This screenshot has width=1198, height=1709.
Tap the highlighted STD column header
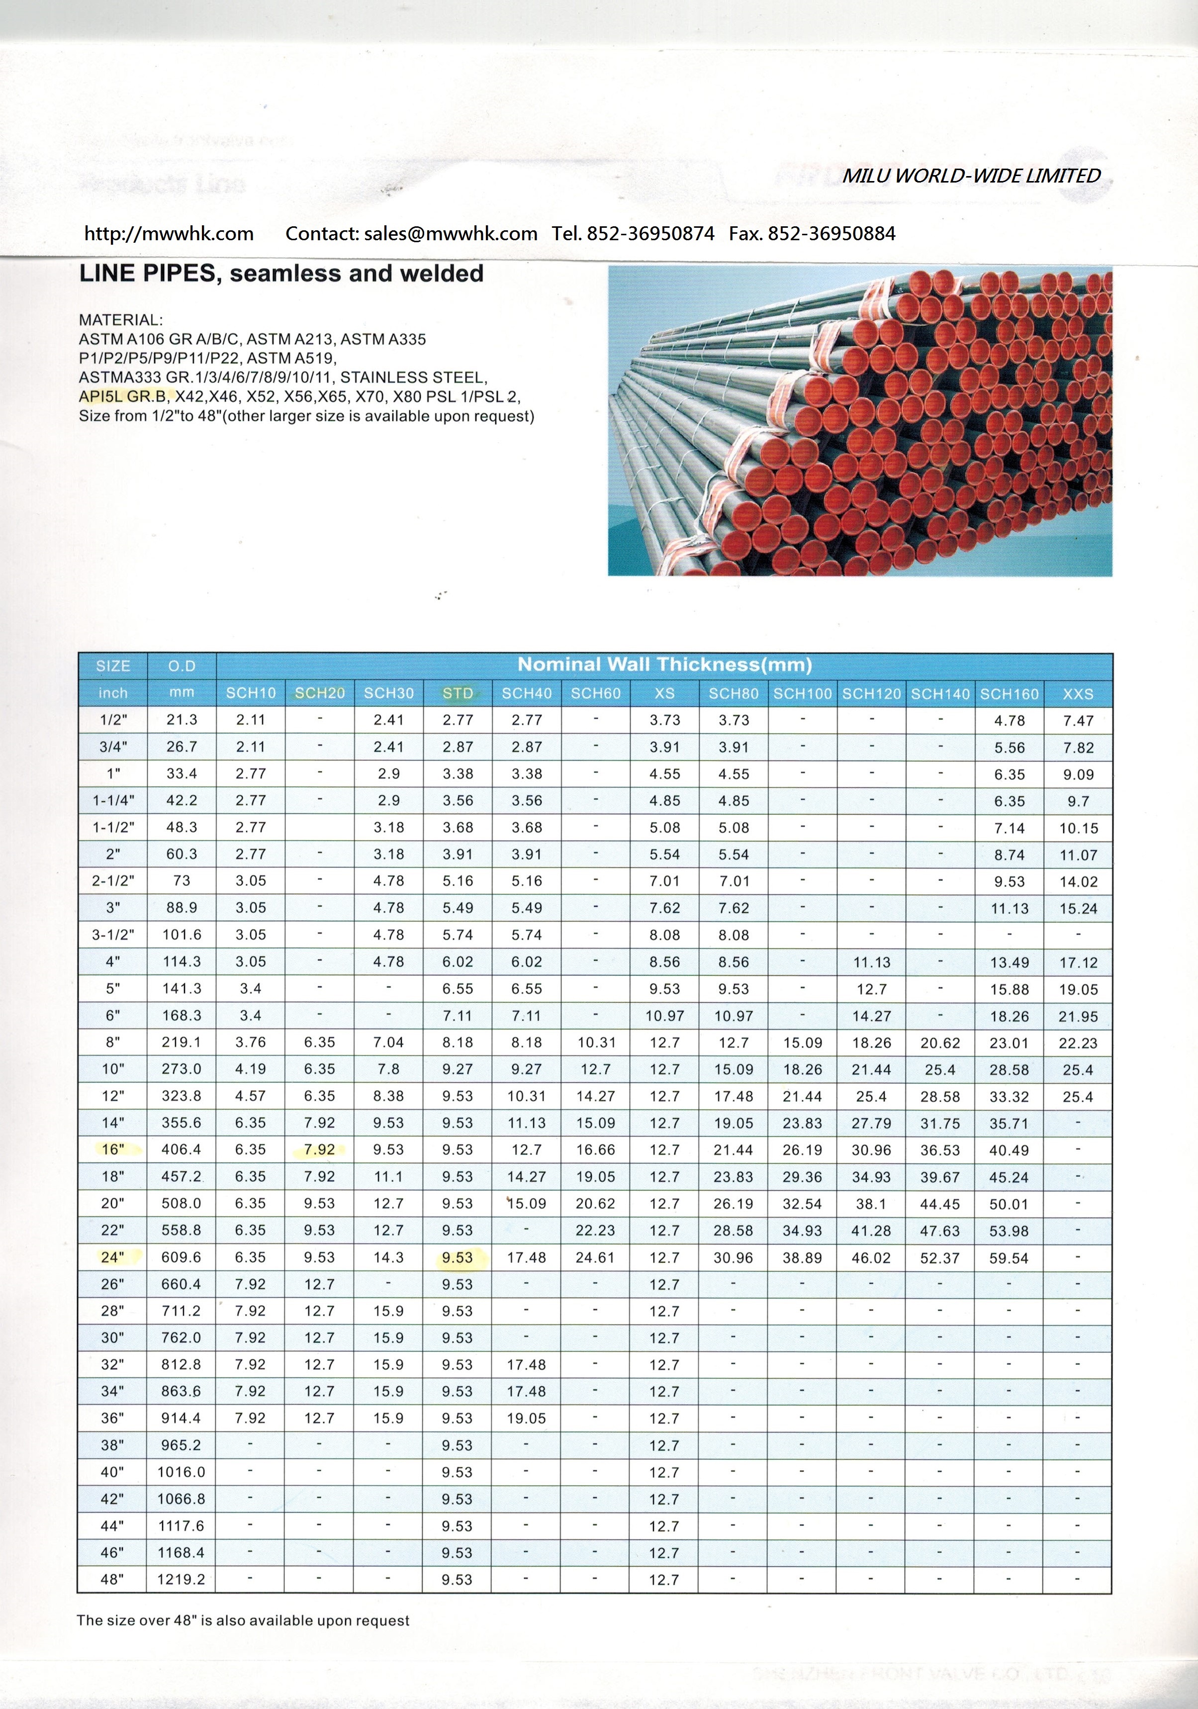coord(458,693)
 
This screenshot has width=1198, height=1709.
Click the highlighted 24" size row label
coord(112,1257)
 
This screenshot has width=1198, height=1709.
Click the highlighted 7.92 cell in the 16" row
coord(319,1149)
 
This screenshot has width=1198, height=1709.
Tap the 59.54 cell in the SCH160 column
coord(1009,1258)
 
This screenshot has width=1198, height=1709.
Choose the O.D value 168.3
coord(181,1015)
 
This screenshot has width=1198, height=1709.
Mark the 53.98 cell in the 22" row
coord(1009,1231)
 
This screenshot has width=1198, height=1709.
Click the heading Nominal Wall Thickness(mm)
coord(664,665)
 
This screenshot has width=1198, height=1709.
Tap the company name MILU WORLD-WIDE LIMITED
coord(971,176)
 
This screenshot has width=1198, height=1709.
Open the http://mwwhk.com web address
coord(169,234)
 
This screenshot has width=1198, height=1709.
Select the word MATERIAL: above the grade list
coord(120,320)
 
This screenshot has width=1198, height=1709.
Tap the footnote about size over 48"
coord(243,1620)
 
